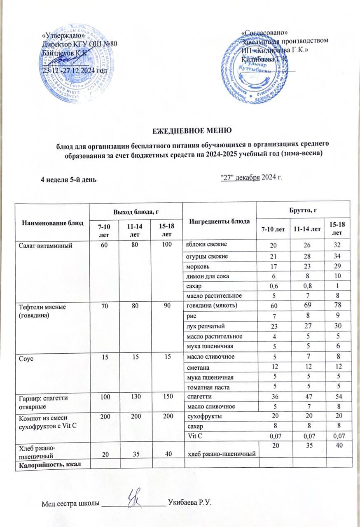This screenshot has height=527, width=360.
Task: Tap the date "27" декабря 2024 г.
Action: pos(252,177)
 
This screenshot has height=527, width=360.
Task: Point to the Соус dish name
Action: pos(24,357)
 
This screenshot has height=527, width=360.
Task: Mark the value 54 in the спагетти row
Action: pos(337,396)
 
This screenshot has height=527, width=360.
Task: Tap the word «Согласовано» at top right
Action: pos(264,33)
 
